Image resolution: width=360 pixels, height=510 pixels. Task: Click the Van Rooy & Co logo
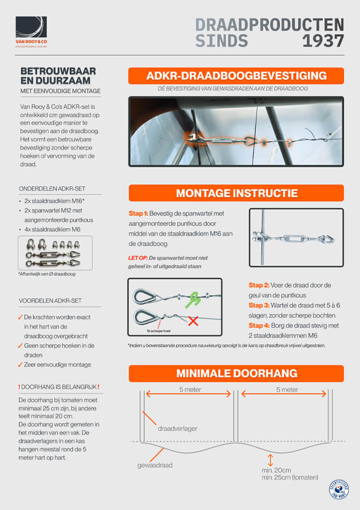(31, 32)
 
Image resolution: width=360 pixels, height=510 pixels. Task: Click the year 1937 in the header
(323, 41)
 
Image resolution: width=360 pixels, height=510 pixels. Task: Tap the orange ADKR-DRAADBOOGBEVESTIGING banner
(236, 75)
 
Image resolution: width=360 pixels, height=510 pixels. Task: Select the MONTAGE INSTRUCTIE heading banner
(236, 193)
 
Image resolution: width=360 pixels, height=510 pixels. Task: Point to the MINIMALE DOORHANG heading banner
(236, 374)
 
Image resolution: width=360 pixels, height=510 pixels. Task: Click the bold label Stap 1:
(140, 214)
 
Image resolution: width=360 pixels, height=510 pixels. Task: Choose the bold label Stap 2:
(259, 285)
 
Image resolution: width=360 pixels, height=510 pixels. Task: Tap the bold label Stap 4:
(259, 326)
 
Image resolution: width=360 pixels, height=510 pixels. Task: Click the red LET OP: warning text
(139, 258)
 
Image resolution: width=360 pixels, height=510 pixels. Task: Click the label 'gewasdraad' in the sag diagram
(155, 466)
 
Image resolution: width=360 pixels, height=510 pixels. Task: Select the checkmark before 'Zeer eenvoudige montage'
(20, 364)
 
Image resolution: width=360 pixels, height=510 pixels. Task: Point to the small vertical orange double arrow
(271, 459)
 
